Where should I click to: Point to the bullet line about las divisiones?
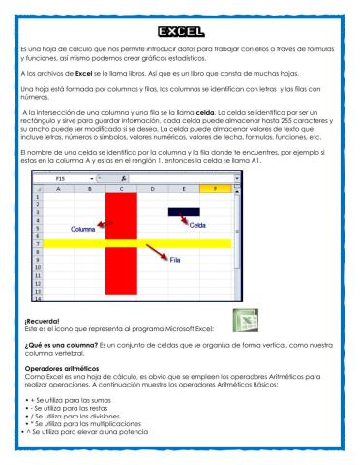coord(88,415)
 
